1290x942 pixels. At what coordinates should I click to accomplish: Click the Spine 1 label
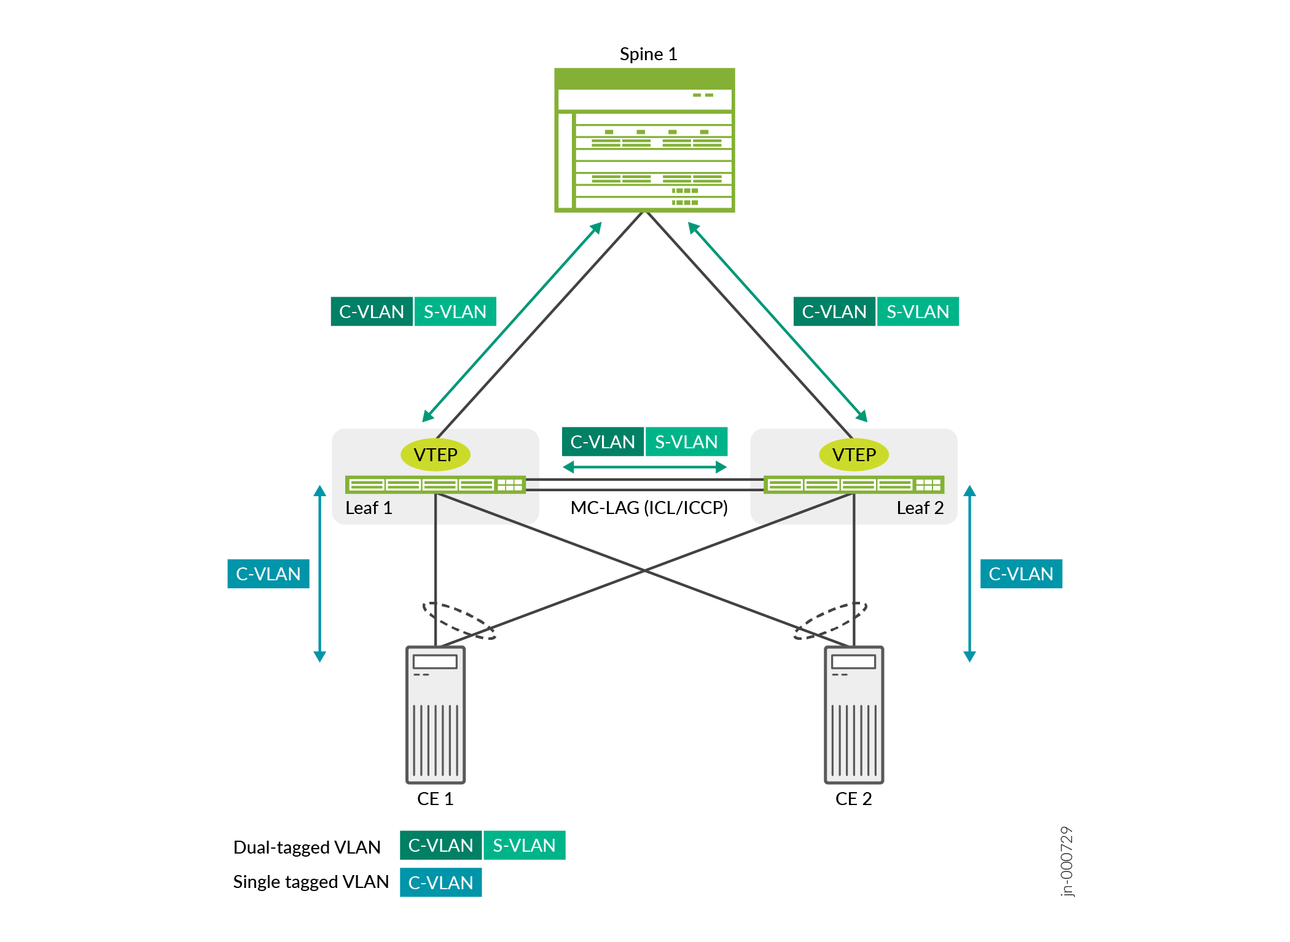coord(648,54)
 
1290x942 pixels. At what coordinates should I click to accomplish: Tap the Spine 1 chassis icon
coord(644,140)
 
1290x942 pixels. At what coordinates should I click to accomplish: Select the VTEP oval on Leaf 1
coord(435,455)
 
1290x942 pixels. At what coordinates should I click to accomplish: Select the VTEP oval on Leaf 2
coord(854,455)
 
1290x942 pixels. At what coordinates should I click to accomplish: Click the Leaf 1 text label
coord(369,508)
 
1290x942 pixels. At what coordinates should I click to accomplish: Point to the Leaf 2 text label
coord(920,508)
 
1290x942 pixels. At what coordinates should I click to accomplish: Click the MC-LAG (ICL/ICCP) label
coord(649,508)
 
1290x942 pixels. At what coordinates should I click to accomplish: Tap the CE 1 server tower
coord(436,715)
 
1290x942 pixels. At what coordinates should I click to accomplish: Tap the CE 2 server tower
coord(854,715)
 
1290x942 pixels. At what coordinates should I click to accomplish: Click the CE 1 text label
coord(435,799)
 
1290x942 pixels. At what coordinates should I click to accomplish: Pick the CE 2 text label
coord(853,799)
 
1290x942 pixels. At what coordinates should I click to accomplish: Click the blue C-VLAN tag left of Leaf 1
coord(268,574)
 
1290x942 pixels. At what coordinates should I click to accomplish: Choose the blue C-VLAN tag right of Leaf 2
coord(1021,574)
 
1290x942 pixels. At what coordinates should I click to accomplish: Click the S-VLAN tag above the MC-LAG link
coord(686,442)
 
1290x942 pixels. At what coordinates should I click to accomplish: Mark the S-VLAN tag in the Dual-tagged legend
coord(524,846)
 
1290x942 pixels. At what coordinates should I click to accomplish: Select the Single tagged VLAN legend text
coord(311,882)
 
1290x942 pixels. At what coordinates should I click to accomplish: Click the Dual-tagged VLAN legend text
coord(307,847)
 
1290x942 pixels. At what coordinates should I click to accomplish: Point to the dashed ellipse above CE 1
coord(459,621)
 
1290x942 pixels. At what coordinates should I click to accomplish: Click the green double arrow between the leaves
coord(645,467)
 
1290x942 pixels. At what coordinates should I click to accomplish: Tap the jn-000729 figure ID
coord(1067,861)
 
